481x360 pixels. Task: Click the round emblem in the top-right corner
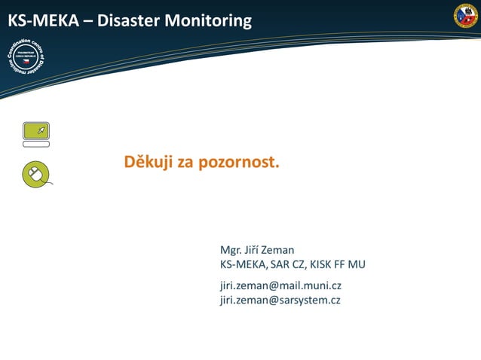(x=465, y=16)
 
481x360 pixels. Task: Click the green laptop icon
(x=35, y=134)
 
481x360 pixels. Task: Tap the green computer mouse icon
(x=35, y=174)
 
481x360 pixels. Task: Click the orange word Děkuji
(x=149, y=162)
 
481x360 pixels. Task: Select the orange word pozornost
(x=239, y=162)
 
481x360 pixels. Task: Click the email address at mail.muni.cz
(x=280, y=285)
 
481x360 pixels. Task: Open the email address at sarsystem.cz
(x=280, y=300)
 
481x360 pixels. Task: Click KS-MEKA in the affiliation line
(x=242, y=264)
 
